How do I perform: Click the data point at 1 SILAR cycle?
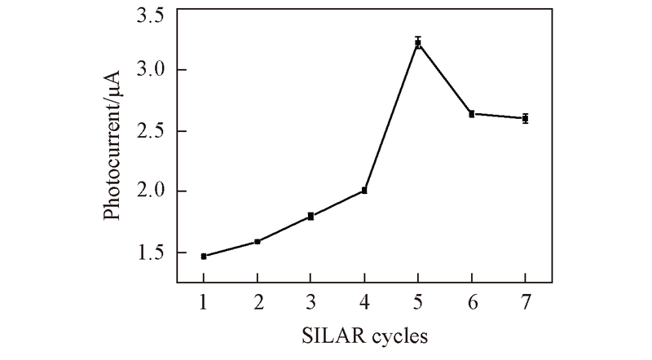point(204,257)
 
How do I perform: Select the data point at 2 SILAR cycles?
point(258,242)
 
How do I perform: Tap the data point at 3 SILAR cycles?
point(311,216)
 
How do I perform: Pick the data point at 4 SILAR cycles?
point(364,191)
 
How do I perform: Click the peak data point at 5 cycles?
point(418,42)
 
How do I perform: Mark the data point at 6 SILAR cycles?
point(472,114)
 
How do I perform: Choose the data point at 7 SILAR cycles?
point(526,118)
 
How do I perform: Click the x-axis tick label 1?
point(204,301)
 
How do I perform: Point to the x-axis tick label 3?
point(311,301)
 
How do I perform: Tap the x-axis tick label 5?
point(418,301)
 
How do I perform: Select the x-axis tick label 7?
point(526,301)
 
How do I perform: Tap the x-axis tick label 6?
point(472,301)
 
